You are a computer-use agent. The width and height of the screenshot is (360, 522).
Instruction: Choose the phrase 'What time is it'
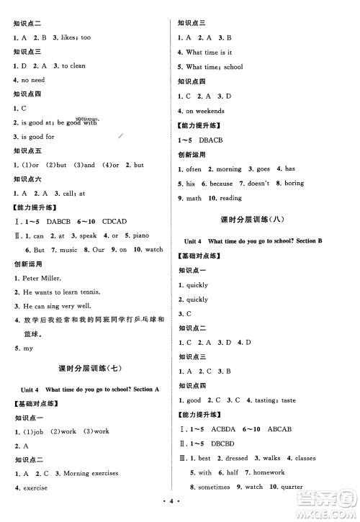pyautogui.click(x=209, y=53)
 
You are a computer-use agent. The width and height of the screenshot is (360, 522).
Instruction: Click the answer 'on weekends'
pyautogui.click(x=205, y=111)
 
